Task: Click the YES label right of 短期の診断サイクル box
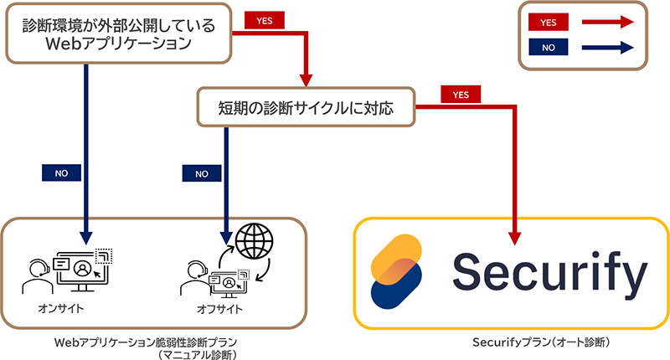461,95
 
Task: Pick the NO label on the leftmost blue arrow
61,173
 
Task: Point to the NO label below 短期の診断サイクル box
201,173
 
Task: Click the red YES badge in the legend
548,24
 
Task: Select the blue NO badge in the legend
548,48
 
